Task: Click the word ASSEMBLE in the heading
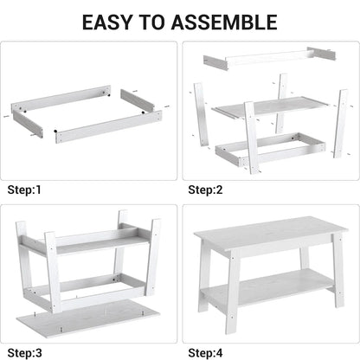pos(228,22)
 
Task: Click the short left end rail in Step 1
pos(28,122)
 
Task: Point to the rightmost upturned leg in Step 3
pos(153,255)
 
